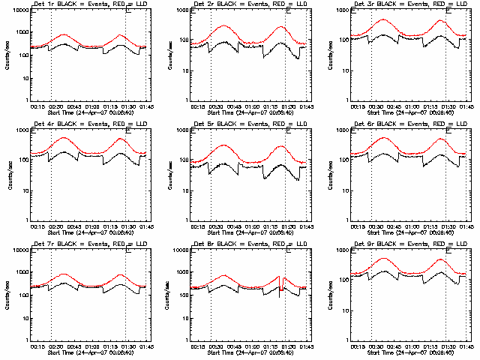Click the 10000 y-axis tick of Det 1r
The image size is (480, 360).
20,11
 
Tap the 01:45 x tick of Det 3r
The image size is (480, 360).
466,106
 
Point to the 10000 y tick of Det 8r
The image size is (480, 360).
180,251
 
